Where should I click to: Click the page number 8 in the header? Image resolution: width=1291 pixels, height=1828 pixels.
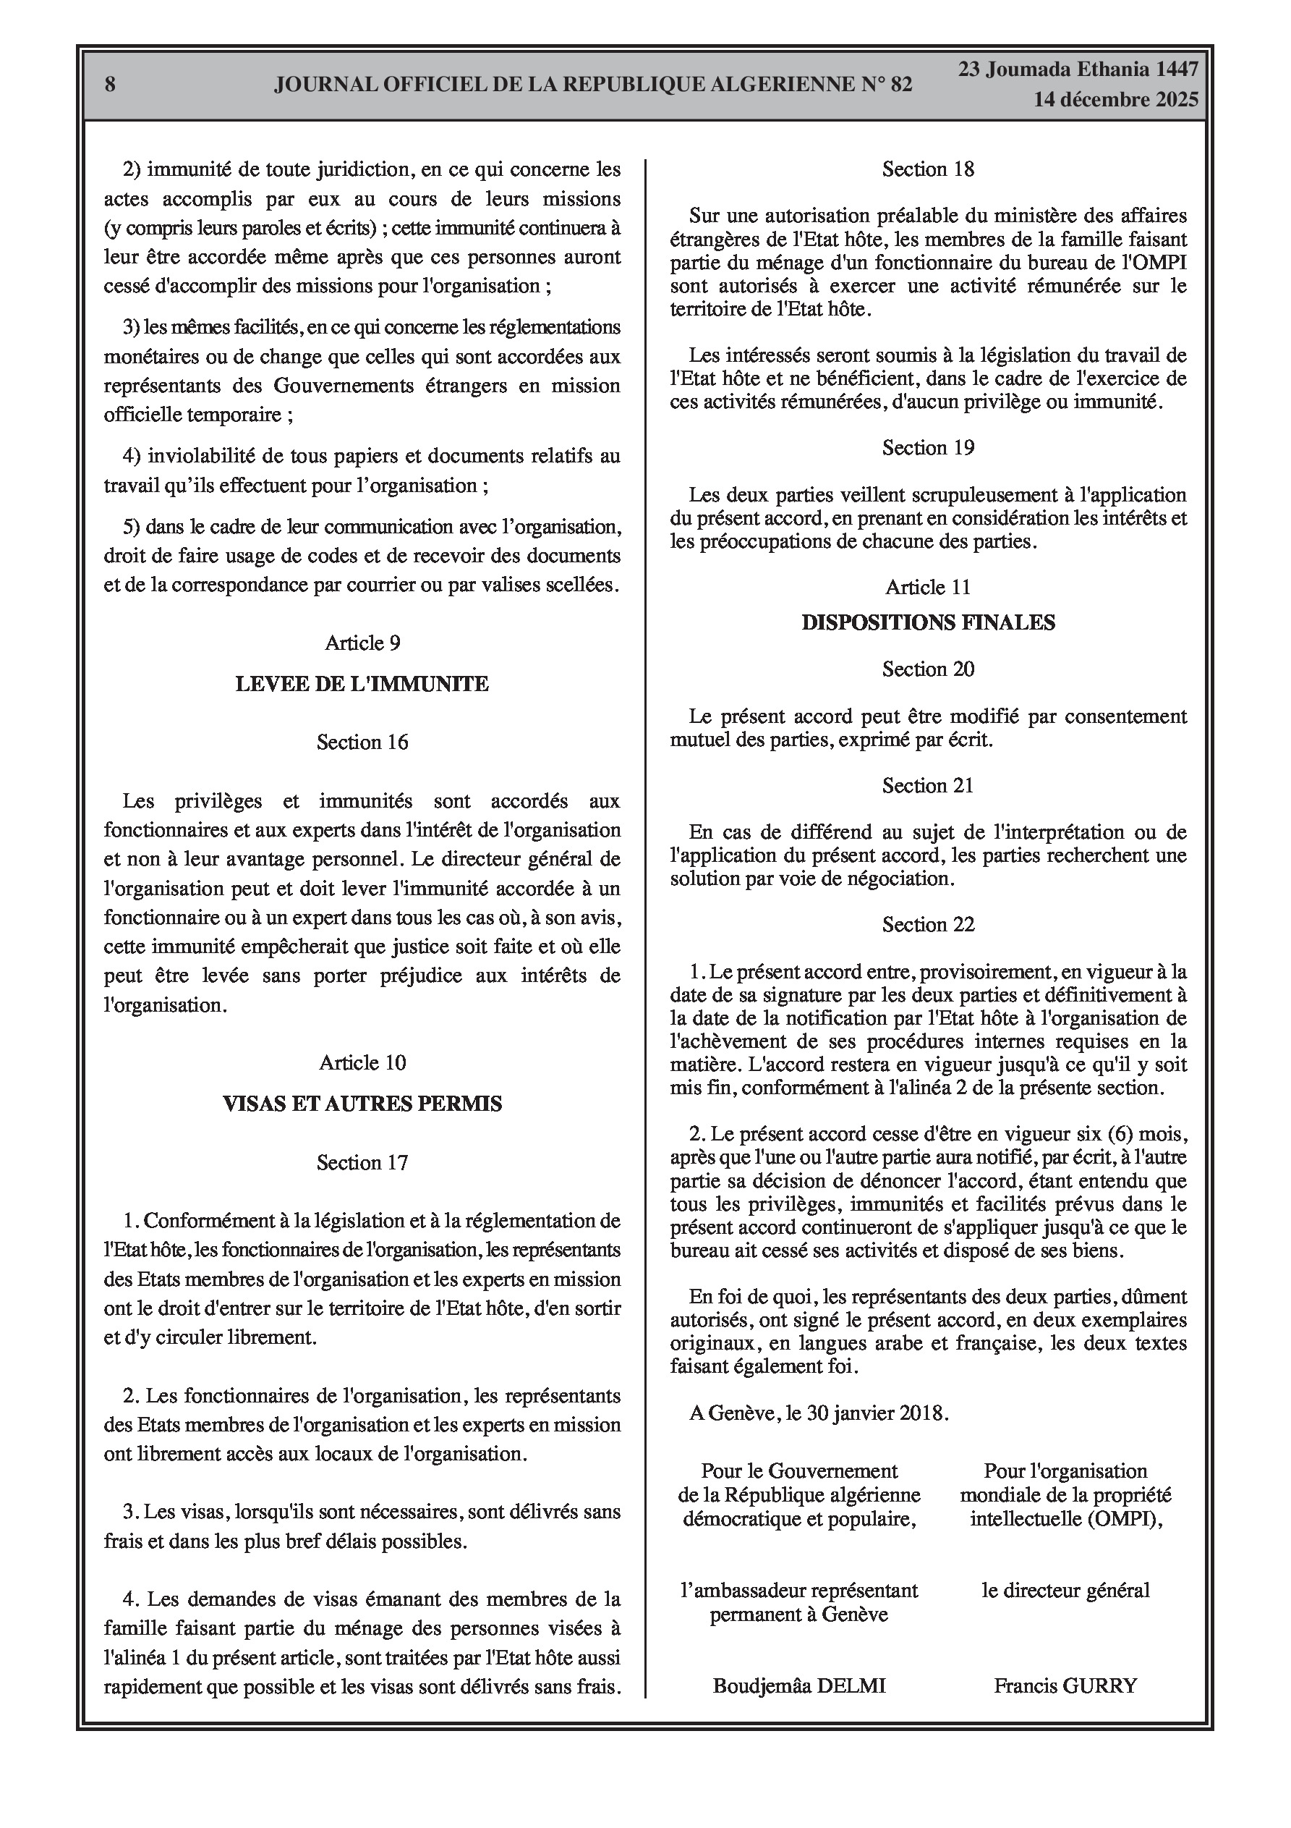coord(110,85)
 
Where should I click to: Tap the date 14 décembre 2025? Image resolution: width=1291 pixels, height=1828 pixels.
coord(1116,101)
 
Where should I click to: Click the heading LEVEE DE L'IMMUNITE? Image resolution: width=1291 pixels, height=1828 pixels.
coord(362,684)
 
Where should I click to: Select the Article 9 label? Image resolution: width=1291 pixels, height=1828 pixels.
coord(362,643)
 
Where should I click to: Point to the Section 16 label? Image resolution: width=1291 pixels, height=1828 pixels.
coord(362,742)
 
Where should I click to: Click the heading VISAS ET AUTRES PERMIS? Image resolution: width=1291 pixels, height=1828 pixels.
coord(362,1104)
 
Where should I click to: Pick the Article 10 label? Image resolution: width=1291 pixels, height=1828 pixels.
coord(362,1062)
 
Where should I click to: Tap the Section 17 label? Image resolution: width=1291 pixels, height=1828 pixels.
coord(362,1162)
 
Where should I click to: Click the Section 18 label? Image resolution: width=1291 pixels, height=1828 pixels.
coord(928,169)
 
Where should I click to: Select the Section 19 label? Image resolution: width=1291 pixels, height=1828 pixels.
coord(928,447)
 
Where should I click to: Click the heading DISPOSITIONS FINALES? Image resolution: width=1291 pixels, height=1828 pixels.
coord(928,622)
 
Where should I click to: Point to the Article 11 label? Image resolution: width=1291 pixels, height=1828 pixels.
coord(928,587)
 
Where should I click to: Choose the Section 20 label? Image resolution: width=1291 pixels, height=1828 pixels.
coord(928,669)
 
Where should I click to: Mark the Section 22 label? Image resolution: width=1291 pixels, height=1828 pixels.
coord(928,924)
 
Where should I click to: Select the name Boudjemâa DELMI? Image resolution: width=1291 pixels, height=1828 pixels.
coord(799,1685)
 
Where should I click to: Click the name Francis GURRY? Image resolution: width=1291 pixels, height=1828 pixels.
coord(1065,1685)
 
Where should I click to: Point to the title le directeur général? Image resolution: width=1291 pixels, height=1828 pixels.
coord(1065,1591)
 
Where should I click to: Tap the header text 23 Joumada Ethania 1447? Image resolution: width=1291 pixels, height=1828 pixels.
coord(1078,69)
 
